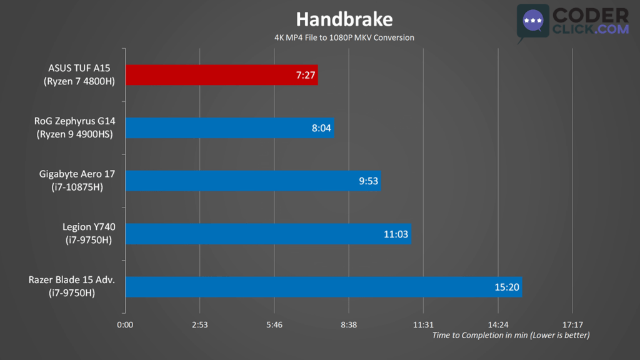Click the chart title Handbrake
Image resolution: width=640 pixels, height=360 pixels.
tap(344, 19)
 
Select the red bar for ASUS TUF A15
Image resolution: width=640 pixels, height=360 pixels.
tap(221, 75)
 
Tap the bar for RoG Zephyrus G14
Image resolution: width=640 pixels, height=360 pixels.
tap(229, 128)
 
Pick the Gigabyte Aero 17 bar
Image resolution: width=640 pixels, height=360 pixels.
tap(252, 181)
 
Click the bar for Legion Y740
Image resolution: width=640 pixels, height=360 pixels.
tap(267, 234)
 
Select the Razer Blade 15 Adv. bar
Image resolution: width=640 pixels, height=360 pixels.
tap(323, 287)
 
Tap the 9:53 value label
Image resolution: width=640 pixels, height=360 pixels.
tap(367, 181)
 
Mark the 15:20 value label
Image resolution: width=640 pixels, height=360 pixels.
tap(507, 287)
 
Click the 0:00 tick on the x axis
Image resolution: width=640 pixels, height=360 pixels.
tap(125, 325)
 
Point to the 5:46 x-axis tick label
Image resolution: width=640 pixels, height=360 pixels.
tap(274, 325)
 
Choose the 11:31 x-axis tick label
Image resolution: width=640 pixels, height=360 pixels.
tap(423, 325)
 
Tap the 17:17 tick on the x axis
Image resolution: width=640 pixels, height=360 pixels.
tap(572, 325)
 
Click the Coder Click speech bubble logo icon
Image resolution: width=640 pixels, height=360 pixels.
tap(532, 22)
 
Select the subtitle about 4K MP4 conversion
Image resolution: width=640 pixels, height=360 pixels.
tap(344, 37)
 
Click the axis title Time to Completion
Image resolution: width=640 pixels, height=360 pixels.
tap(511, 336)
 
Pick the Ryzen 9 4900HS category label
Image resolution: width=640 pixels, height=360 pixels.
tap(75, 134)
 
